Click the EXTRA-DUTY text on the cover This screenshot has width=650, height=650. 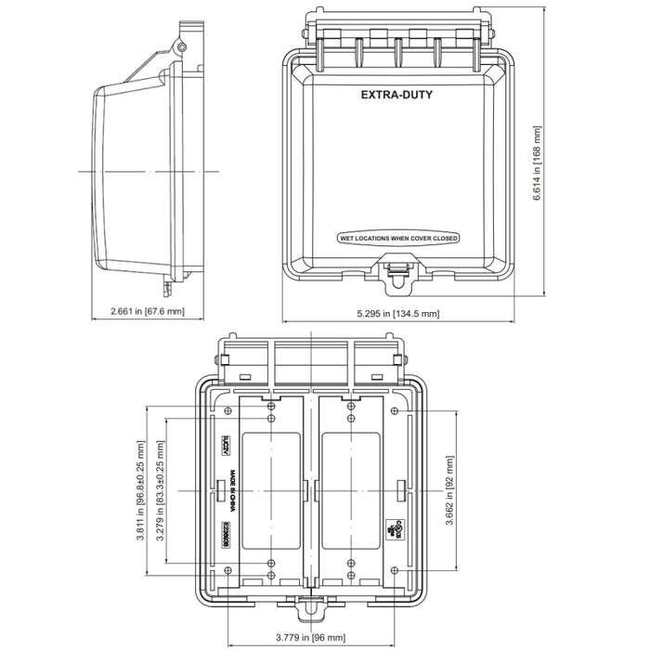[396, 95]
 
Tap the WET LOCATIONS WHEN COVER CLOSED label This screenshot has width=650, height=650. [399, 239]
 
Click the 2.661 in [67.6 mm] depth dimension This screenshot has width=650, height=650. [147, 311]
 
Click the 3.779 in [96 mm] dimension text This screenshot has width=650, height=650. [310, 637]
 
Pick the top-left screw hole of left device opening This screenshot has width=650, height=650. [270, 409]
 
